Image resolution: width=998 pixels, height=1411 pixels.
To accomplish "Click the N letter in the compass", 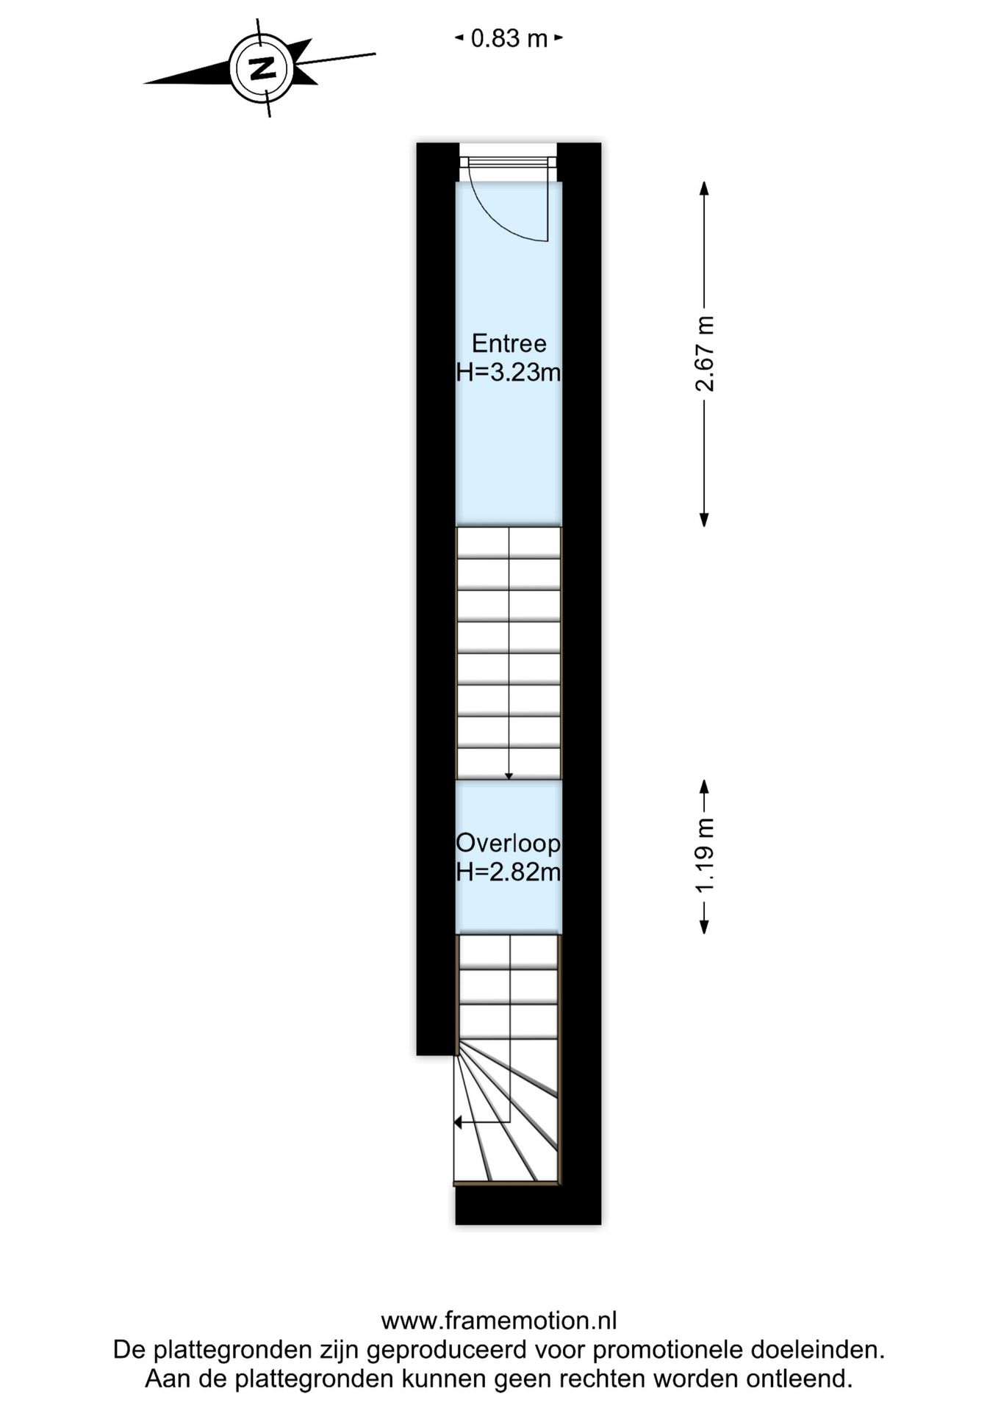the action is point(262,68).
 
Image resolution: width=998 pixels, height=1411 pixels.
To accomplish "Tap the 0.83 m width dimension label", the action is point(509,38).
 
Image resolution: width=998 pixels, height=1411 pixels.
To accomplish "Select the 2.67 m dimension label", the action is point(705,353).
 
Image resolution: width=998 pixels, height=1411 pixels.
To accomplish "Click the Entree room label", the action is point(509,343).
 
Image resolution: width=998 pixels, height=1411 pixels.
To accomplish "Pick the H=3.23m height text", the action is point(509,373).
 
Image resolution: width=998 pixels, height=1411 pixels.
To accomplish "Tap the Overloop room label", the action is point(509,843).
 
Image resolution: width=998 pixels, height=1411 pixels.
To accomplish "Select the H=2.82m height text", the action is point(509,872).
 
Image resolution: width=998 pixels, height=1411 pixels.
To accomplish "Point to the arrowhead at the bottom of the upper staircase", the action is point(509,776).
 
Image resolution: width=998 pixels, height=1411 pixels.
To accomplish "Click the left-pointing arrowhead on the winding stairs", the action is point(458,1122).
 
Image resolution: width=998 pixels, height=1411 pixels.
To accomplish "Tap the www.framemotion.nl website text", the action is point(498,1321).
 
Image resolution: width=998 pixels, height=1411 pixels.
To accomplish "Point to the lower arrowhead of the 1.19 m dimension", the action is point(704,927).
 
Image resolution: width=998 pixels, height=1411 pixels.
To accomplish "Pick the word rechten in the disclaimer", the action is point(605,1379).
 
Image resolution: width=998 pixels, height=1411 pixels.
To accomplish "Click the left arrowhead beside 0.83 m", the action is point(459,37).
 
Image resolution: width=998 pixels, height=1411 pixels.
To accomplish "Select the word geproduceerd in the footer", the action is point(446,1350).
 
